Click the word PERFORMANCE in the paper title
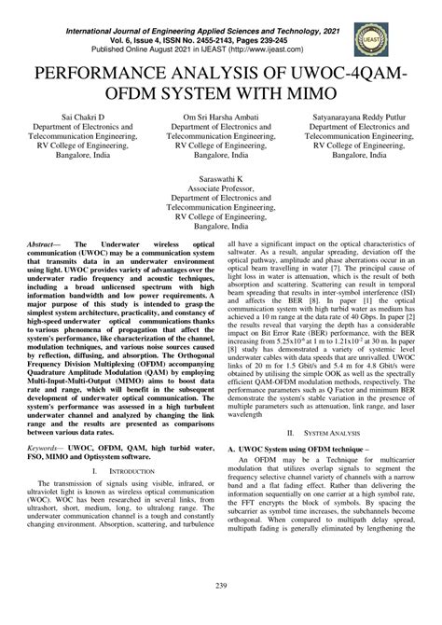coord(111,77)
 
